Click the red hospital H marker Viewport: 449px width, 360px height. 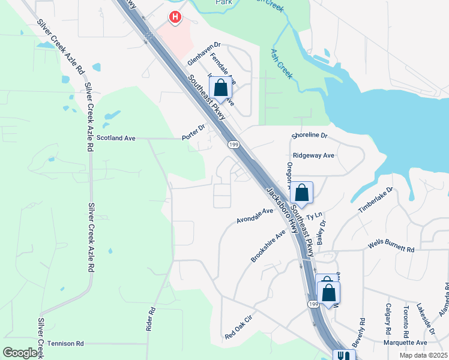175,17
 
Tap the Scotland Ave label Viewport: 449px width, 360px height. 116,138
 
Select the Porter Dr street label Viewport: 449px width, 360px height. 193,133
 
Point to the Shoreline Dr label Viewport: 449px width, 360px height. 310,136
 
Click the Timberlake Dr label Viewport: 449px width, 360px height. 375,200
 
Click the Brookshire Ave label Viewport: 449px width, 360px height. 268,246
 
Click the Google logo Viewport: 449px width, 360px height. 20,352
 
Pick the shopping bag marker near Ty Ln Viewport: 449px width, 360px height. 301,193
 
